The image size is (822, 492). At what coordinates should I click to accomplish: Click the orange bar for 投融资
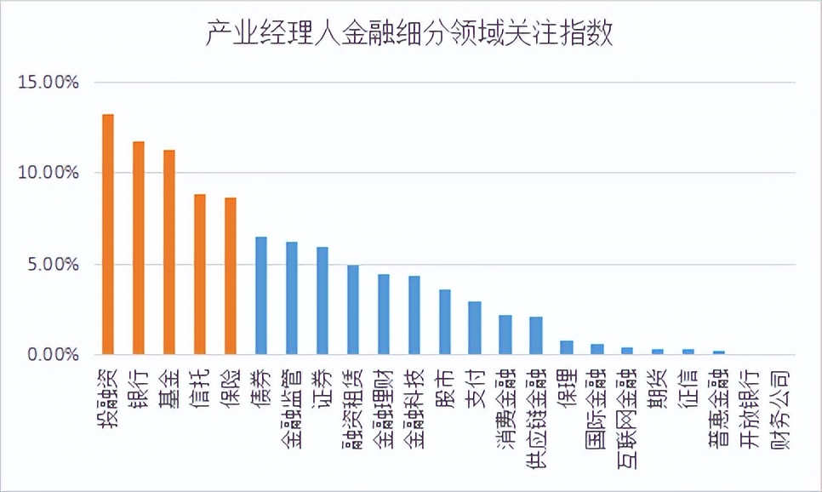pyautogui.click(x=108, y=234)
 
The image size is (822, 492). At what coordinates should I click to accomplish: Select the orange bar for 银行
pyautogui.click(x=139, y=248)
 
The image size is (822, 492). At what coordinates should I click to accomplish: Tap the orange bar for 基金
pyautogui.click(x=169, y=252)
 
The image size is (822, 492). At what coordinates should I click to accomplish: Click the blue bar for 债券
pyautogui.click(x=261, y=295)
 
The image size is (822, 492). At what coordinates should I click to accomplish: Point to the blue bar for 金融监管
pyautogui.click(x=292, y=298)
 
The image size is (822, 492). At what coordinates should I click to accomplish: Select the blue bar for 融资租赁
pyautogui.click(x=353, y=310)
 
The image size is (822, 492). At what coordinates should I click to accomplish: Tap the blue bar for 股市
pyautogui.click(x=445, y=322)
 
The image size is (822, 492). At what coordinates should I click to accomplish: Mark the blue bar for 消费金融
pyautogui.click(x=505, y=335)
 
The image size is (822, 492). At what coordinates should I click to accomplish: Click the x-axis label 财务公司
pyautogui.click(x=781, y=402)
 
